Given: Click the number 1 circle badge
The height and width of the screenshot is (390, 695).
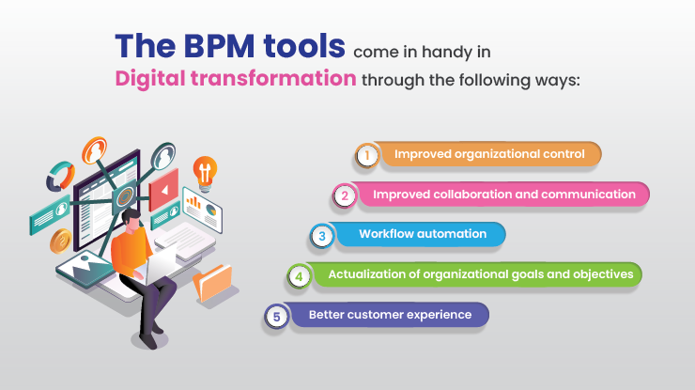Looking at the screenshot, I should point(367,155).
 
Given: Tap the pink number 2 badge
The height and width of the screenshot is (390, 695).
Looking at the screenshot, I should point(346,195).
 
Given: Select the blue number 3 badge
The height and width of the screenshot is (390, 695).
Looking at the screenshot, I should point(322,236).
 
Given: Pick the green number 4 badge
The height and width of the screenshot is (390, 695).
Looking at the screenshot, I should point(299,276).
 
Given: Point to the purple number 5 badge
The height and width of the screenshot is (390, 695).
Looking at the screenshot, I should point(275,317).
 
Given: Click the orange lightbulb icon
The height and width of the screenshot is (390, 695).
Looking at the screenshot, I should point(204,170).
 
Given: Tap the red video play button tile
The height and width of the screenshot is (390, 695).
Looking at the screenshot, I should point(162,188).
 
